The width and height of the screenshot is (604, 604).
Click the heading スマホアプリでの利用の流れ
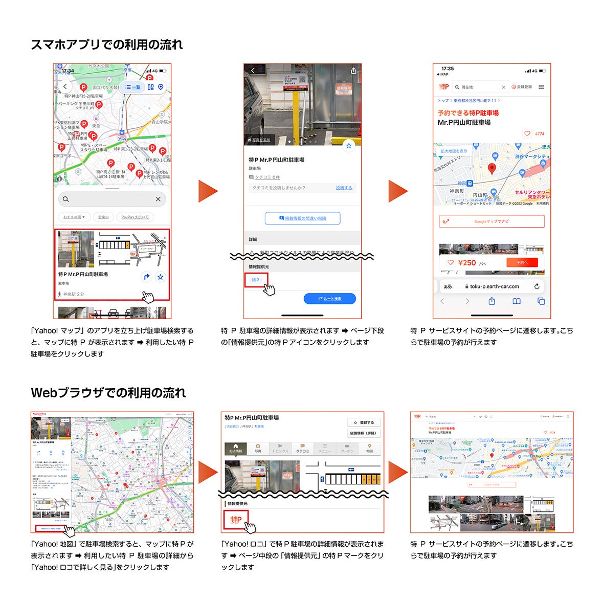click(107, 45)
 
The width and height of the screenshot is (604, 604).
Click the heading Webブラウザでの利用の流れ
click(108, 393)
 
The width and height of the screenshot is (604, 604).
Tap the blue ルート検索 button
click(329, 299)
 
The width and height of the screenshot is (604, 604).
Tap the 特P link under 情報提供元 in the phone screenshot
click(256, 280)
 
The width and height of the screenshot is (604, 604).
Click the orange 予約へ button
click(522, 262)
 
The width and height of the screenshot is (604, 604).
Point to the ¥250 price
click(467, 262)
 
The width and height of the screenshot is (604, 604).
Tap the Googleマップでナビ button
click(491, 221)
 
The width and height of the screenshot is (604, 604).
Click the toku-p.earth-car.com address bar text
click(494, 286)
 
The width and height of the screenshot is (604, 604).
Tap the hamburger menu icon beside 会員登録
click(542, 87)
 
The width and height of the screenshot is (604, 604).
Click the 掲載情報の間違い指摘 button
click(302, 218)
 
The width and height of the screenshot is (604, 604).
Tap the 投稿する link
click(344, 188)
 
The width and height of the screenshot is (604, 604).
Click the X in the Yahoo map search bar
click(158, 199)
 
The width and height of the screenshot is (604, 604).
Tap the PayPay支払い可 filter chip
click(135, 217)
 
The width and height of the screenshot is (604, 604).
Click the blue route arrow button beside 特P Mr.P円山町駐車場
click(146, 277)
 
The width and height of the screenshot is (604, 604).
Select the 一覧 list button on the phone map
click(133, 87)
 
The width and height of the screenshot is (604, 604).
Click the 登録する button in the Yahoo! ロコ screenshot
click(364, 422)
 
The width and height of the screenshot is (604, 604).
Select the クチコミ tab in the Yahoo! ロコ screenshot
click(302, 449)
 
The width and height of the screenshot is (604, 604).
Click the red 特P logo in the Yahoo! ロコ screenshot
click(236, 520)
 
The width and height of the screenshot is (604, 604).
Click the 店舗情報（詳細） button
click(364, 433)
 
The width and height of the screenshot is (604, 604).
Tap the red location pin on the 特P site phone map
click(492, 168)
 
